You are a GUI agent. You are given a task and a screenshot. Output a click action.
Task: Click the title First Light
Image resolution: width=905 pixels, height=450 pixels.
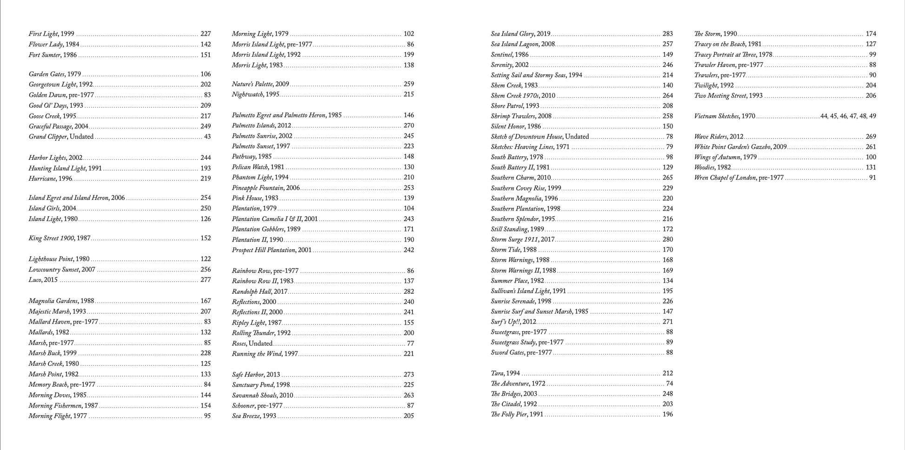pos(44,34)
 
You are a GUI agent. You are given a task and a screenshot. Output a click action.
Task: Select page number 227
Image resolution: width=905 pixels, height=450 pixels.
pos(206,34)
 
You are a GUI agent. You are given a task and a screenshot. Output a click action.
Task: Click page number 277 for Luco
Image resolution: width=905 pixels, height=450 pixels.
pos(206,280)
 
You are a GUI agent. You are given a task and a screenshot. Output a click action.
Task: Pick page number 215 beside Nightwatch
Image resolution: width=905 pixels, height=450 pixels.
pos(409,94)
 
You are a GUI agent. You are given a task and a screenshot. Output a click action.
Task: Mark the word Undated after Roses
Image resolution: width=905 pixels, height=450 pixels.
pos(260,344)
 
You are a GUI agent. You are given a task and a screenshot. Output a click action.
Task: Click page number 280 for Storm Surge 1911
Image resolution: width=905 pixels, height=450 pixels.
pos(667,239)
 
